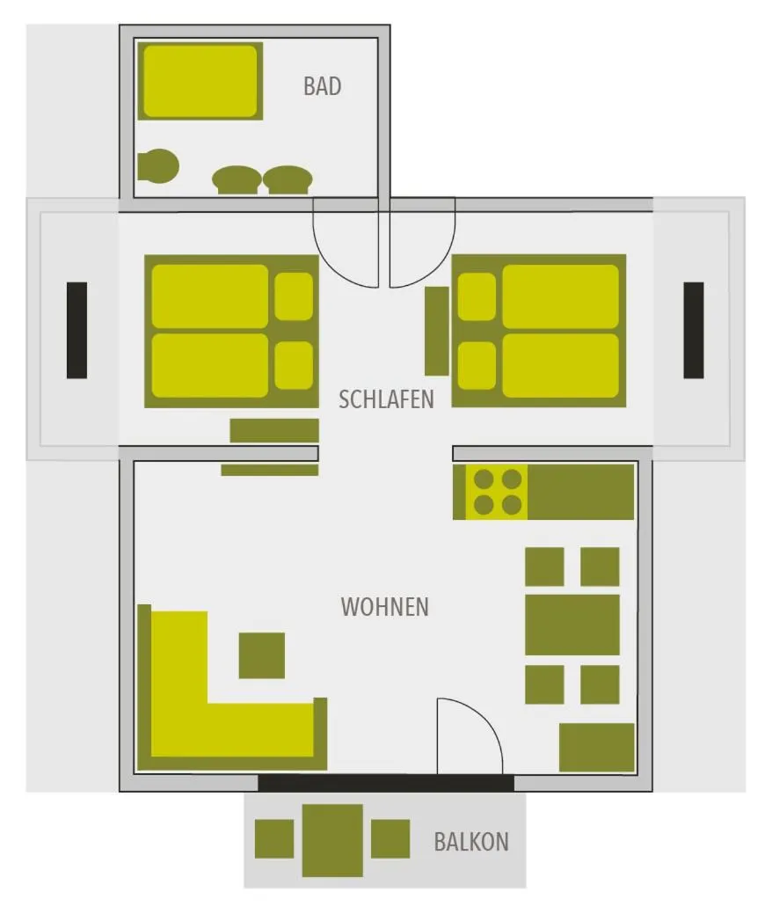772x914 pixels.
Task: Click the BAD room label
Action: click(322, 86)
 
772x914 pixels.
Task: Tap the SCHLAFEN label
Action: click(386, 399)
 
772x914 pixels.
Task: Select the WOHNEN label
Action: click(384, 606)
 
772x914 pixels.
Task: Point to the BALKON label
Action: click(470, 841)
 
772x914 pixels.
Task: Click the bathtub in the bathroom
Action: click(200, 81)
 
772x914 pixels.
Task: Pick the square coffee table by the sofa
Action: click(262, 655)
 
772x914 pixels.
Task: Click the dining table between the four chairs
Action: click(572, 625)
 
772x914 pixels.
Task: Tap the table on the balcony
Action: click(332, 839)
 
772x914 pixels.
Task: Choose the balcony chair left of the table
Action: click(274, 838)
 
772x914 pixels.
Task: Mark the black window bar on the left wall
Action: click(76, 330)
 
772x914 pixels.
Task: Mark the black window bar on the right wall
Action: click(694, 330)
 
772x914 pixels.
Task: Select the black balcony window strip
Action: click(386, 782)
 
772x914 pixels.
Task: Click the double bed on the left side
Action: click(231, 331)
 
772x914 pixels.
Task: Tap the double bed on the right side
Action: click(539, 331)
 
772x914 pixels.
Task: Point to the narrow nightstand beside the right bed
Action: click(436, 331)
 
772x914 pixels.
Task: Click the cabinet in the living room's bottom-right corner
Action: click(596, 747)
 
